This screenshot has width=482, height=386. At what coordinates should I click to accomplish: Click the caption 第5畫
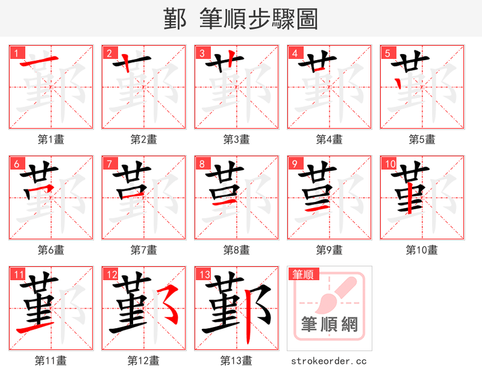tap(422, 139)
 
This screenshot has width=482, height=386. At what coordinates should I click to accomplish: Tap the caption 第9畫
tap(329, 250)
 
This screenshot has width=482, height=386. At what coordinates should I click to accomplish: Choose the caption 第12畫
tap(143, 361)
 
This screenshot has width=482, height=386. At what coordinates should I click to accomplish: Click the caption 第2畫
tap(143, 139)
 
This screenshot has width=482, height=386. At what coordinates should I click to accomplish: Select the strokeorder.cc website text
tap(329, 361)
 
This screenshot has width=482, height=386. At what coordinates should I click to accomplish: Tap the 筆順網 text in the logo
tap(330, 325)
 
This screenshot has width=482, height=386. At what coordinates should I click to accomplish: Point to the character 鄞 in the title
tap(175, 19)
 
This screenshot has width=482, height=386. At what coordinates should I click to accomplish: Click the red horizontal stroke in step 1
tap(40, 62)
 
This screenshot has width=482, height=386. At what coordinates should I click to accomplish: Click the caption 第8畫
tap(236, 250)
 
